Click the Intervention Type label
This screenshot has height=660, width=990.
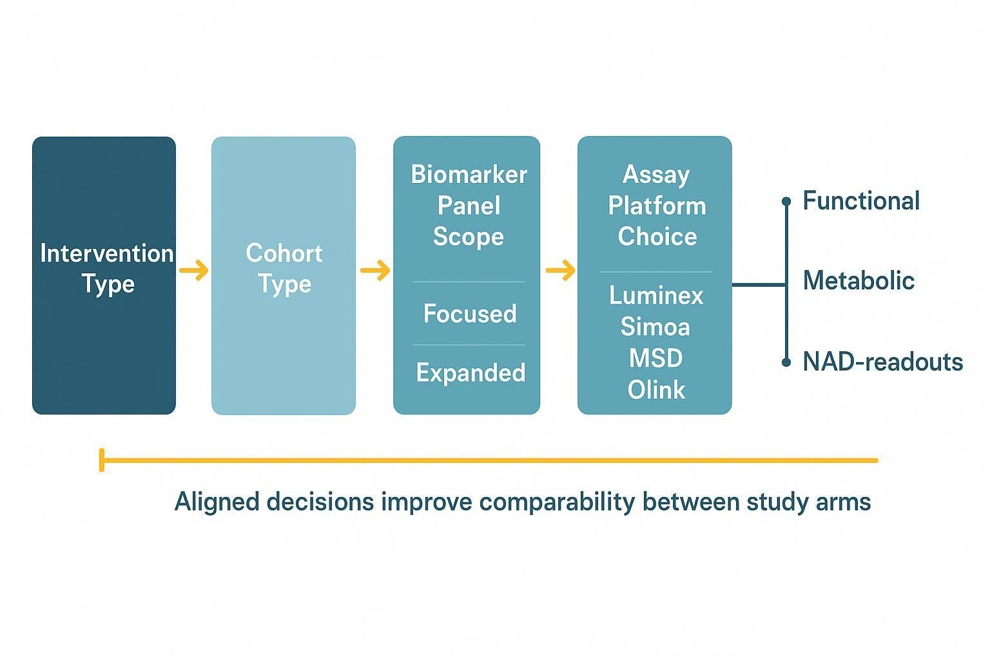tap(106, 268)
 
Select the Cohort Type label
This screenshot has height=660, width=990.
tap(284, 268)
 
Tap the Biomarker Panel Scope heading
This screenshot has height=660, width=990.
tap(469, 206)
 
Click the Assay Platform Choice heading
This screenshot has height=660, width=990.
tap(657, 206)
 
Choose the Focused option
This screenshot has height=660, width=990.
tap(470, 314)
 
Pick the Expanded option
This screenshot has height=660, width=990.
tap(471, 373)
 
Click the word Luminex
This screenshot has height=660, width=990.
tap(656, 296)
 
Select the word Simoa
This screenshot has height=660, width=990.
tap(655, 327)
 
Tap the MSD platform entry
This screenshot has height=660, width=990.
tap(655, 358)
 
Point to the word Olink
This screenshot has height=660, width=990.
tap(656, 390)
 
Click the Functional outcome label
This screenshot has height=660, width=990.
tap(860, 201)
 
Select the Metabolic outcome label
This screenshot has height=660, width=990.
tap(859, 281)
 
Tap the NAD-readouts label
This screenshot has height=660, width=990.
tap(882, 362)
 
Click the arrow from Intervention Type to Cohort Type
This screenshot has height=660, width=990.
tap(193, 270)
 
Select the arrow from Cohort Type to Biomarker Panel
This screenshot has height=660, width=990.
tap(375, 270)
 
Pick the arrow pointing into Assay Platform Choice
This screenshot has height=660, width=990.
tap(560, 270)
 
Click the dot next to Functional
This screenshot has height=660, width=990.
tap(786, 202)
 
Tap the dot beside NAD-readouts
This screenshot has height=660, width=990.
tap(786, 362)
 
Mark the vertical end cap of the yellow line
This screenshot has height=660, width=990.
tap(102, 460)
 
